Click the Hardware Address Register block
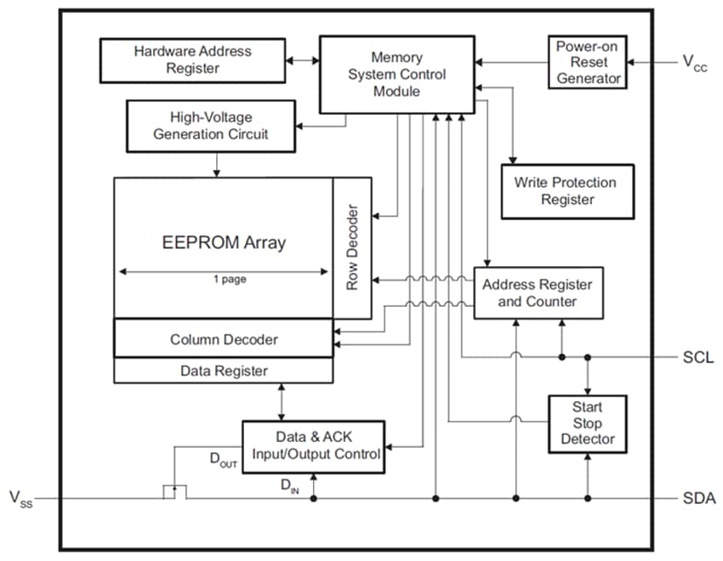tap(192, 59)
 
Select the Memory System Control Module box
tap(396, 74)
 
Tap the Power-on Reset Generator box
tap(587, 62)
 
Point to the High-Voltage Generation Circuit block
tap(210, 125)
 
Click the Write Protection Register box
tap(566, 191)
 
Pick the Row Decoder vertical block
tap(352, 248)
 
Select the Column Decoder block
tap(224, 339)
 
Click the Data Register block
tap(224, 371)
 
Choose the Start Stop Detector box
tap(587, 423)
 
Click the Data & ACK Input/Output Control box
tap(316, 445)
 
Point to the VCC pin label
tap(694, 62)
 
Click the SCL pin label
tap(697, 358)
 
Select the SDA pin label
tap(698, 499)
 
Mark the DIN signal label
tap(289, 486)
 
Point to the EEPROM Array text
tap(224, 242)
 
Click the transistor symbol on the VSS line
tap(174, 492)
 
